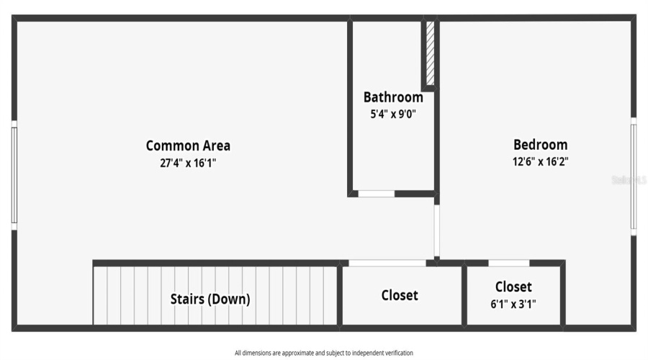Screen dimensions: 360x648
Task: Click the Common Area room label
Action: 188,145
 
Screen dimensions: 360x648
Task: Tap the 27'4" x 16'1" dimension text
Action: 188,163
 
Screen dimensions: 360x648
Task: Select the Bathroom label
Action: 392,97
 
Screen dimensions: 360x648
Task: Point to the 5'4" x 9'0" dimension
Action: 392,114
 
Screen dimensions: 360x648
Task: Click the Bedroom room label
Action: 540,145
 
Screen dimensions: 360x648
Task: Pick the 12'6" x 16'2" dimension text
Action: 540,162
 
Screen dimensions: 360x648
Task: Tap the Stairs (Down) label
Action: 210,299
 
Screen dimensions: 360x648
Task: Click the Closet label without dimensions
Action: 400,295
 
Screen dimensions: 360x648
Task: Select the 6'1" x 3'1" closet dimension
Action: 513,304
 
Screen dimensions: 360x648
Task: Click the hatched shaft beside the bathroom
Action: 430,54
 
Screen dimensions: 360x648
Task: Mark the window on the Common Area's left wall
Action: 14,175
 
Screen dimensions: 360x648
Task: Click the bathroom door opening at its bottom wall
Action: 377,194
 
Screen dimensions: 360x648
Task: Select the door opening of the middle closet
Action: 387,263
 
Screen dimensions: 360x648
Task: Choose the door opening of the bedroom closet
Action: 508,263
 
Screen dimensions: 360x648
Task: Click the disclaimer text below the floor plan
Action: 324,353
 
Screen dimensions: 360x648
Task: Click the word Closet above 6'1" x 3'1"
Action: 513,287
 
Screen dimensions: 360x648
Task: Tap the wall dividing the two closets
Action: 464,295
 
